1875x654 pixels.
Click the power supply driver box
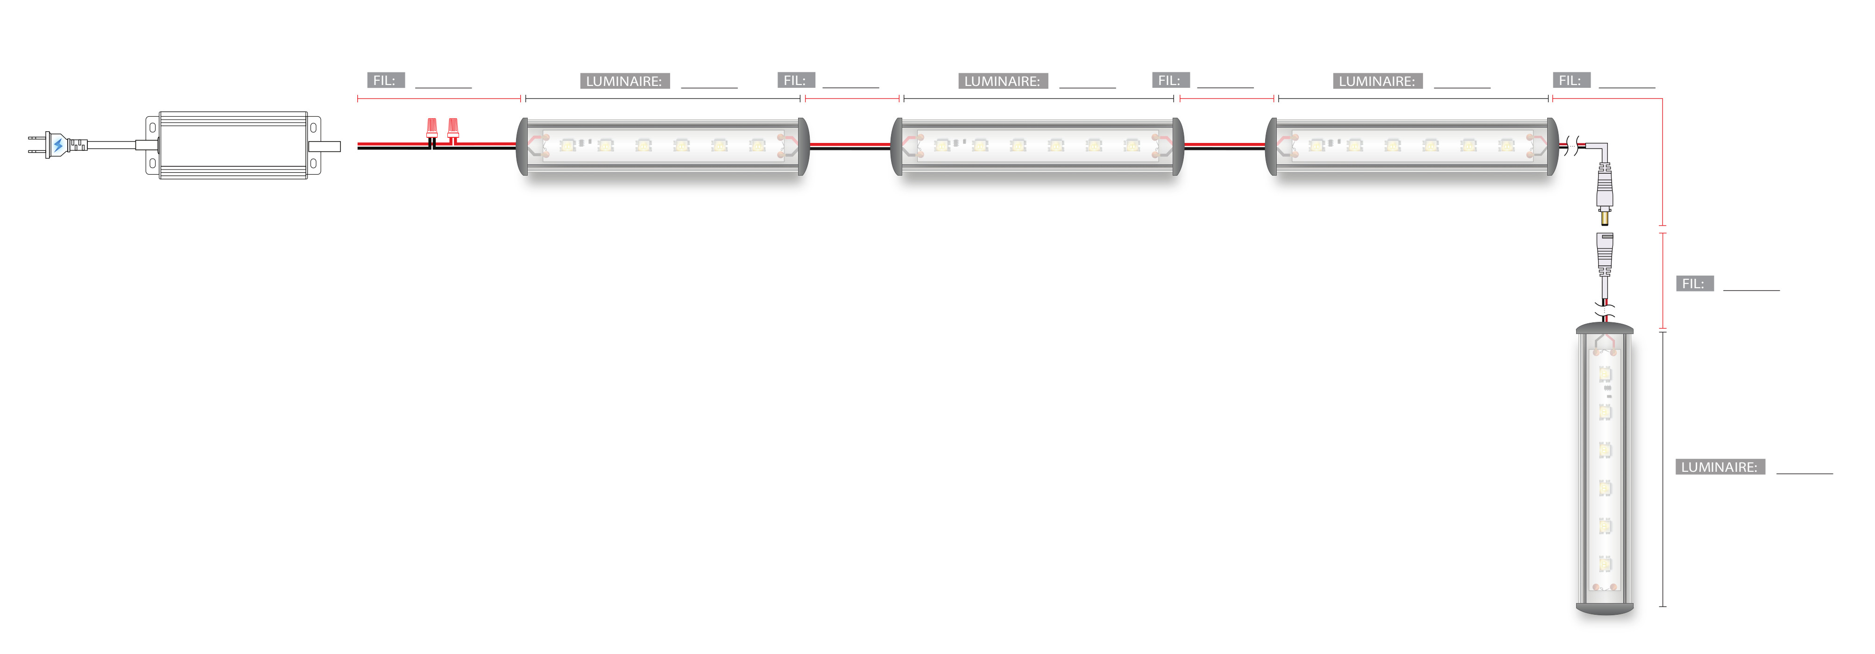[x=233, y=145]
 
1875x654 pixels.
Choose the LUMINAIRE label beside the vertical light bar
[x=1719, y=467]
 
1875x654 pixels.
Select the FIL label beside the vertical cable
[x=1694, y=283]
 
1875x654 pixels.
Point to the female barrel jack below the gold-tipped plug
[x=1604, y=251]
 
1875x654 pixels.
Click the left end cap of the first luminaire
[x=522, y=146]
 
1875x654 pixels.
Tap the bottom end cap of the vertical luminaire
[x=1604, y=608]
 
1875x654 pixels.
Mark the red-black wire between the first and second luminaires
[x=849, y=146]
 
